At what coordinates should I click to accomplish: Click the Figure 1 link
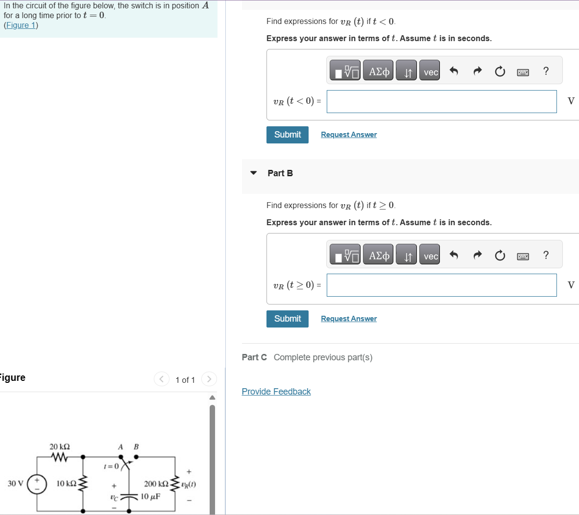[x=21, y=25]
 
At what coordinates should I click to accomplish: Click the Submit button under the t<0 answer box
[x=288, y=135]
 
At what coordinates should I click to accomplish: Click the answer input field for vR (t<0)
[x=441, y=101]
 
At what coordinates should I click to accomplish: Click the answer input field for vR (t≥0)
[x=441, y=285]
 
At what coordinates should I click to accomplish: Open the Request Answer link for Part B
[x=349, y=319]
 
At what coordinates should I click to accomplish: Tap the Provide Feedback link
[x=276, y=392]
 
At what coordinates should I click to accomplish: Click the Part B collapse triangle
[x=253, y=173]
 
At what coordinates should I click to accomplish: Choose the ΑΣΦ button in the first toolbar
[x=378, y=72]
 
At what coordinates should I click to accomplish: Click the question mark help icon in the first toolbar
[x=546, y=71]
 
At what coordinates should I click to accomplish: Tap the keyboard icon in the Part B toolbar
[x=523, y=256]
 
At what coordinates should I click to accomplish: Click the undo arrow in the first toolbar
[x=454, y=72]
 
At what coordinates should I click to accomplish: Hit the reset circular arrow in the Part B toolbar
[x=500, y=256]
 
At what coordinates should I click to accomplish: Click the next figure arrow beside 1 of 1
[x=209, y=379]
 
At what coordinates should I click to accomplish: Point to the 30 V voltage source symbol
[x=37, y=484]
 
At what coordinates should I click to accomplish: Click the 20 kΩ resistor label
[x=60, y=446]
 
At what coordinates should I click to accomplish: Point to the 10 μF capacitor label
[x=150, y=496]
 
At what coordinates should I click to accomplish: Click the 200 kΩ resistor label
[x=156, y=484]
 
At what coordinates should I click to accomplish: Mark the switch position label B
[x=136, y=446]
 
